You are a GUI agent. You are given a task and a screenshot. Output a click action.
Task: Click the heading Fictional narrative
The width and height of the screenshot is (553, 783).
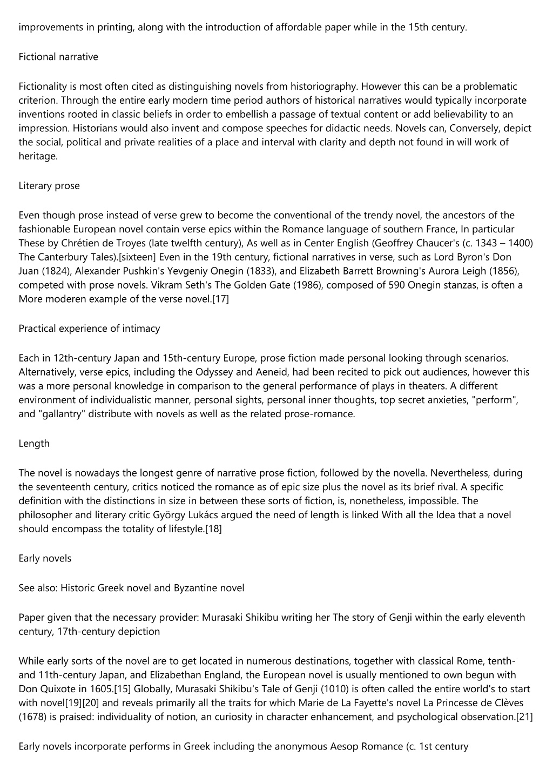(x=58, y=57)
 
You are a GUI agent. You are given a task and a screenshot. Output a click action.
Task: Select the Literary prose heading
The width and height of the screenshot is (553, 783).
(x=49, y=186)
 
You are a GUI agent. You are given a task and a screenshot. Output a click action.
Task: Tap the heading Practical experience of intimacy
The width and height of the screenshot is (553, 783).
(x=89, y=329)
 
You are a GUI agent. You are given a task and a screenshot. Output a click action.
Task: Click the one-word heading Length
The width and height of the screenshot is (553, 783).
(x=34, y=444)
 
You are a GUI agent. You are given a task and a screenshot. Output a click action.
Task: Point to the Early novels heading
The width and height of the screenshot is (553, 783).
(x=45, y=559)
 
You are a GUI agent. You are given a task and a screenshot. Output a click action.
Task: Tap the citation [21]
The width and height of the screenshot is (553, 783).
(x=524, y=717)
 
